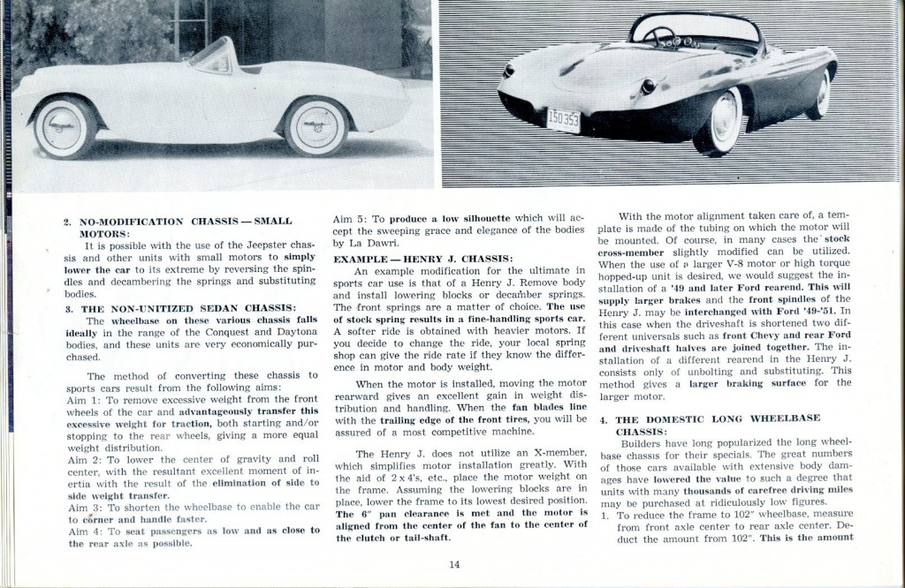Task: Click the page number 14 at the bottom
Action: (x=454, y=565)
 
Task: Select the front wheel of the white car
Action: (x=316, y=124)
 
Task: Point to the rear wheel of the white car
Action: (x=65, y=126)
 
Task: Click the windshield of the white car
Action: (x=212, y=53)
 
